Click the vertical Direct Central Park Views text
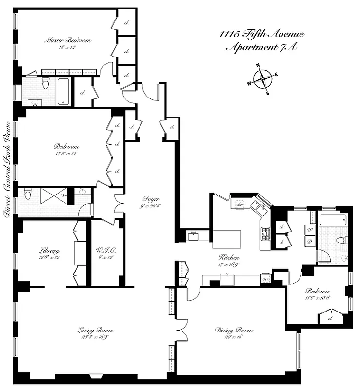(7, 168)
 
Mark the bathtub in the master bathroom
(63, 91)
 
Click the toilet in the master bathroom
(45, 84)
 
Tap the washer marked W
(309, 229)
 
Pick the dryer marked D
(309, 241)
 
